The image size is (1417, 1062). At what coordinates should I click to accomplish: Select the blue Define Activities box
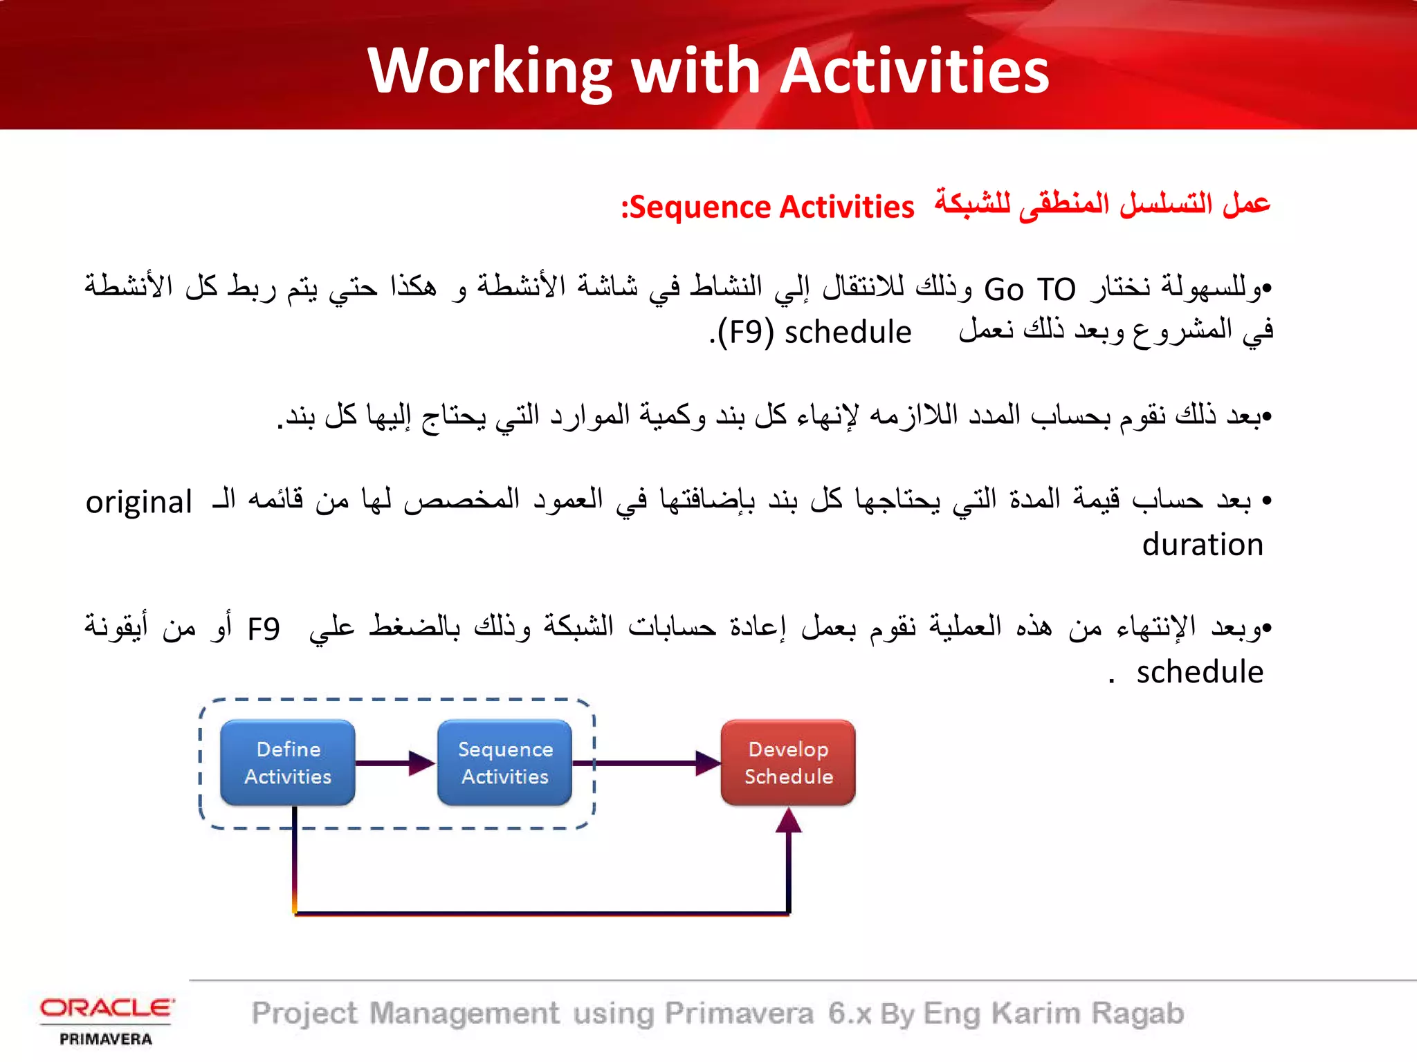[288, 763]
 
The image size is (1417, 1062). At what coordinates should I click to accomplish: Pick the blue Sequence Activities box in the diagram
[505, 763]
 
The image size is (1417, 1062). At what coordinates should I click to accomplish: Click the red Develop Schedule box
[788, 763]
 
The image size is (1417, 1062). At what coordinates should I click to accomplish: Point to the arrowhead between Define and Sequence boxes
[421, 763]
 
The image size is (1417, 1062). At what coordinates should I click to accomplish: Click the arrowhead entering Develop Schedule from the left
[707, 763]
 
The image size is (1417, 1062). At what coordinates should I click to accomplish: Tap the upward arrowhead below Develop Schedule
[788, 821]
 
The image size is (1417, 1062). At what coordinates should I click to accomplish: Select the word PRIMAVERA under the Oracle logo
[106, 1039]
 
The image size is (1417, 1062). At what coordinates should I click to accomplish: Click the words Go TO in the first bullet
[1030, 289]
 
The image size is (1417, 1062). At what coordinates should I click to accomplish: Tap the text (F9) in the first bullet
[745, 333]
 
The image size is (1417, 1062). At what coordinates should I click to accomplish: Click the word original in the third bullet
[138, 502]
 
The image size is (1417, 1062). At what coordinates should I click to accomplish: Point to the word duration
[1203, 545]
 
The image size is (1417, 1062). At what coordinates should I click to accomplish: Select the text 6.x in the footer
[850, 1014]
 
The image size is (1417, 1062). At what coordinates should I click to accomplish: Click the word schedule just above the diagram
[1200, 672]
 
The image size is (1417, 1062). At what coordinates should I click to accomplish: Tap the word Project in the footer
[304, 1014]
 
